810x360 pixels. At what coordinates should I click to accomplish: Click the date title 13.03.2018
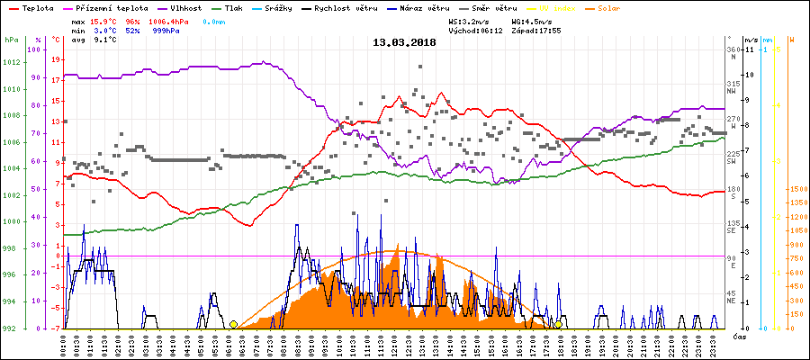[404, 42]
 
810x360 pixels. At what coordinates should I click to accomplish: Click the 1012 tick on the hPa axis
[11, 62]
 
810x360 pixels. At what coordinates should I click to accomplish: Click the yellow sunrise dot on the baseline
[233, 324]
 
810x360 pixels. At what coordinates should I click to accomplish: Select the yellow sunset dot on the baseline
[558, 324]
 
